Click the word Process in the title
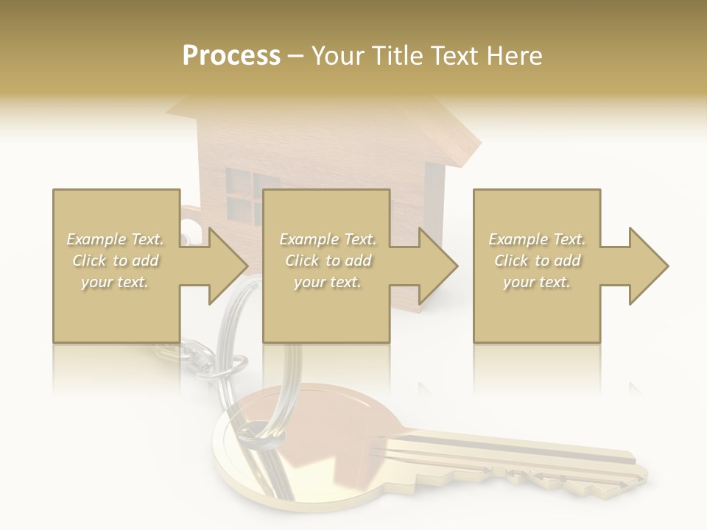231,56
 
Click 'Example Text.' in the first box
116,239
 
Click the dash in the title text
296,56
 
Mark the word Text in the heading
455,56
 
